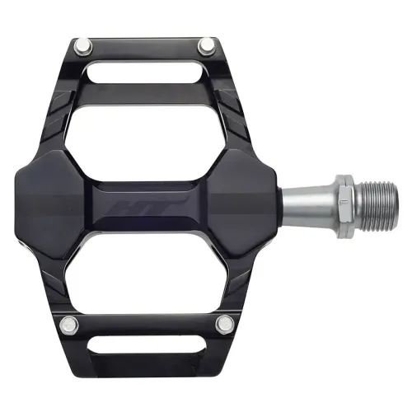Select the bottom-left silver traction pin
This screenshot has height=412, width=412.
pyautogui.click(x=72, y=322)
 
